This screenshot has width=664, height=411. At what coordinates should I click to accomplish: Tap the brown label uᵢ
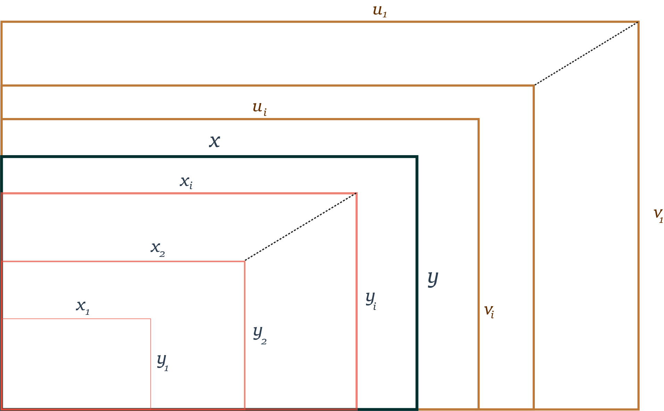click(x=260, y=108)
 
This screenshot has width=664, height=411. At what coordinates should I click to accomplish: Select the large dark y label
click(x=433, y=279)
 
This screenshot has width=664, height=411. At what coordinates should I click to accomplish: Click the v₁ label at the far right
click(x=658, y=215)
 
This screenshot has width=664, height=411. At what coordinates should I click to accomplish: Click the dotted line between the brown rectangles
click(x=586, y=54)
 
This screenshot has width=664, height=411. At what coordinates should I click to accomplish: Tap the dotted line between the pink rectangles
click(x=300, y=227)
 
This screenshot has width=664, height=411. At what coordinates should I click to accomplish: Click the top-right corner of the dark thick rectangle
click(x=417, y=157)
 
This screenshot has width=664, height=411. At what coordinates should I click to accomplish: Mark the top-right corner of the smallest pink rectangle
click(x=151, y=319)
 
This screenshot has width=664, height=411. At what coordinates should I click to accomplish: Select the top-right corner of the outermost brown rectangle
click(x=638, y=22)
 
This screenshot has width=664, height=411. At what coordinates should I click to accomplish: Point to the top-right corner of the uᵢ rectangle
click(x=479, y=119)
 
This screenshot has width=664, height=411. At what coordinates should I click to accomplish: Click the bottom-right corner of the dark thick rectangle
click(x=417, y=409)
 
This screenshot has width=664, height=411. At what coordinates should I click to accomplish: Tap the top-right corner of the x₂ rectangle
click(x=244, y=262)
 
